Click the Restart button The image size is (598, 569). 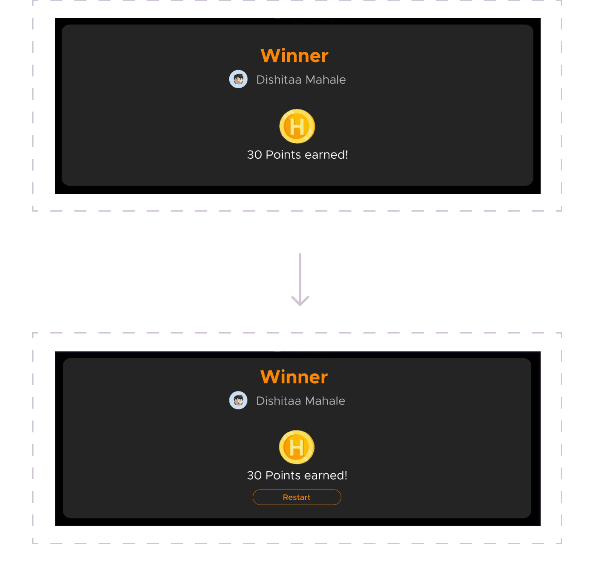pos(297,497)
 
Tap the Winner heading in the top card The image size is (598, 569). pos(294,56)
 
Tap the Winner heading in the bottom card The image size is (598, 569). pos(294,377)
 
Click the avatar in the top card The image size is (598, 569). pos(238,79)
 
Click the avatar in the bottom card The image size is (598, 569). pos(238,400)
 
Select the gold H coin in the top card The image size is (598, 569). pos(297,126)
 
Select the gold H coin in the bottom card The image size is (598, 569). pos(296,447)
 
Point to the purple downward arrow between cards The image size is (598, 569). pos(300,279)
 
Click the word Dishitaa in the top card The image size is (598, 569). pos(279,80)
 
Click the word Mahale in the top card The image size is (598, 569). pos(326,80)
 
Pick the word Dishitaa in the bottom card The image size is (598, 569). pos(279,401)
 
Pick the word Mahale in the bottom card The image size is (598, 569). pos(325,401)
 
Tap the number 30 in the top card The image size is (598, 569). pos(254,155)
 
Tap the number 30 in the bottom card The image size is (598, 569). pos(254,475)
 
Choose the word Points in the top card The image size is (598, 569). pos(283,155)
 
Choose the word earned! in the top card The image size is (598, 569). pos(326,155)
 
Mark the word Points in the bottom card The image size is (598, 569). pos(283,475)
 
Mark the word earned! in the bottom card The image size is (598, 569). pos(326,475)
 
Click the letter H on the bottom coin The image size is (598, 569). pos(296,447)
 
